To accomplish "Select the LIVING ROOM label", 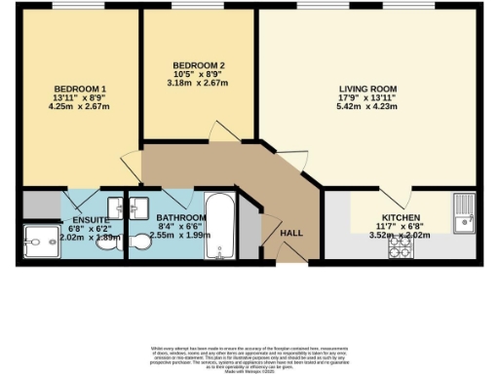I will [x=374, y=90].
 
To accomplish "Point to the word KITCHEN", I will [x=401, y=218].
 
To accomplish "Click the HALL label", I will [x=291, y=234].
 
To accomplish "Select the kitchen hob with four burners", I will [x=401, y=249].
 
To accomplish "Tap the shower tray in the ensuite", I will [x=41, y=240].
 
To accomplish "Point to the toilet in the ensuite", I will [x=105, y=239].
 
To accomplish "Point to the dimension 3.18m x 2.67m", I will [x=198, y=83].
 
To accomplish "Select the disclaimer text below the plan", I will [x=249, y=356].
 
